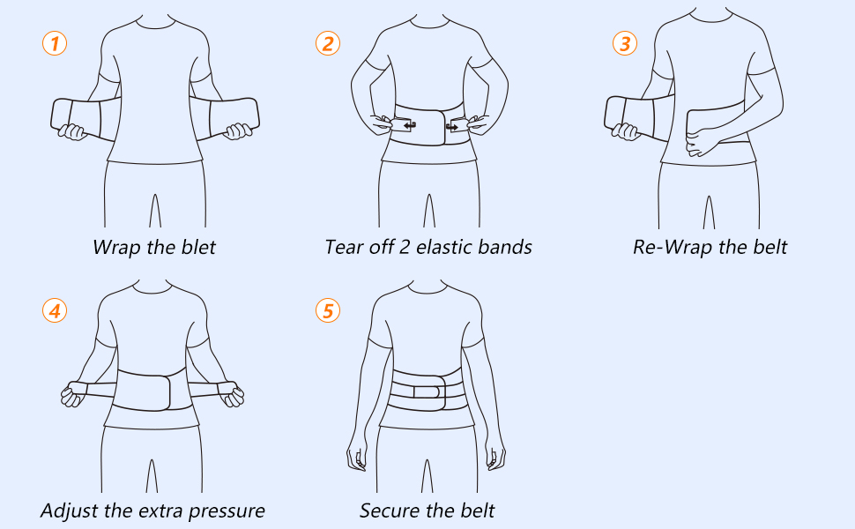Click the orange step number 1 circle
[55, 43]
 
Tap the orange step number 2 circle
[328, 43]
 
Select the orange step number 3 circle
[624, 43]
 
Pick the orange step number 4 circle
[55, 309]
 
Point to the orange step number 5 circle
[328, 309]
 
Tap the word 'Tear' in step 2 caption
[344, 246]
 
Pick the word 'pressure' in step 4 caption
[226, 510]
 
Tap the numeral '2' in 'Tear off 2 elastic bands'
[401, 246]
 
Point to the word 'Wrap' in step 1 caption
[117, 246]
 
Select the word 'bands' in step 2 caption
[506, 246]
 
